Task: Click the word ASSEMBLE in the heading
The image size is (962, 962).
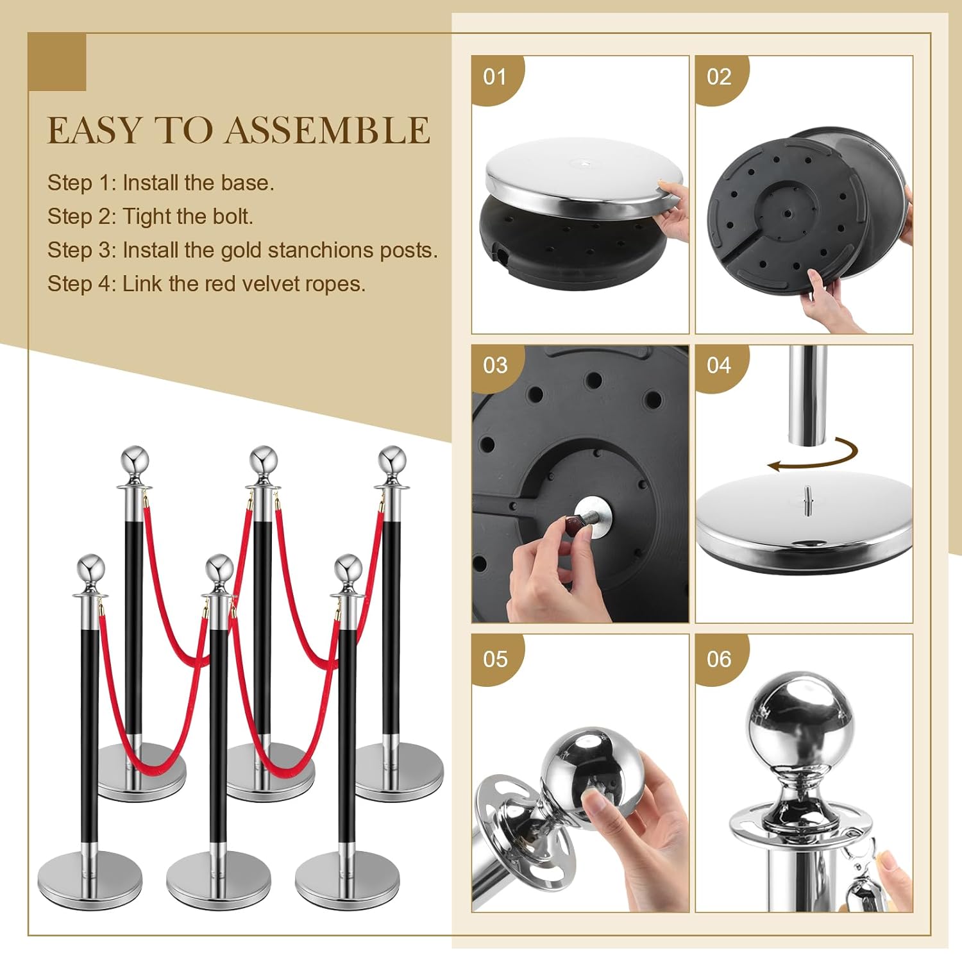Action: pos(327,130)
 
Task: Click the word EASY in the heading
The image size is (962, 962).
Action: pos(94,130)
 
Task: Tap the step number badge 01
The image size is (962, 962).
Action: pos(495,77)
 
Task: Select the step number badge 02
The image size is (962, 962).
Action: pos(719,77)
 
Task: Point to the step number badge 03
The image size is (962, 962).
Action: pos(495,366)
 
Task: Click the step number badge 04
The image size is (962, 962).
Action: pos(719,366)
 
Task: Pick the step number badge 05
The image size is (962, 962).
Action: pos(495,659)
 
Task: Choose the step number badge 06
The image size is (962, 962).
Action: pos(719,659)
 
